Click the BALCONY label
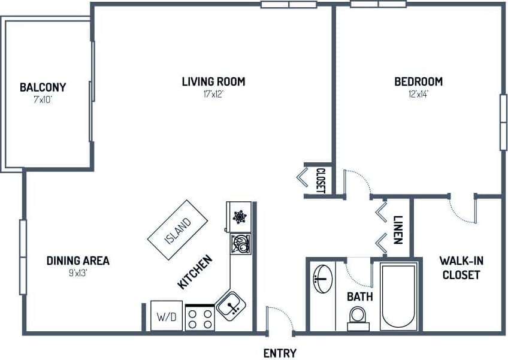(43, 87)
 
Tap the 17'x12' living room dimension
(213, 93)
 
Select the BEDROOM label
(418, 81)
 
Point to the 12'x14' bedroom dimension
(418, 93)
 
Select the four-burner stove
(200, 317)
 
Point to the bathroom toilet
(358, 317)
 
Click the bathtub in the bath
(398, 295)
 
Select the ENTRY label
(280, 353)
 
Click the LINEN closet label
(397, 229)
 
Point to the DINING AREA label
(78, 261)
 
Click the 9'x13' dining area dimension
(78, 273)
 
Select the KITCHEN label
(195, 273)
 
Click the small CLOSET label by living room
(320, 180)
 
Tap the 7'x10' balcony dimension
(43, 99)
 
